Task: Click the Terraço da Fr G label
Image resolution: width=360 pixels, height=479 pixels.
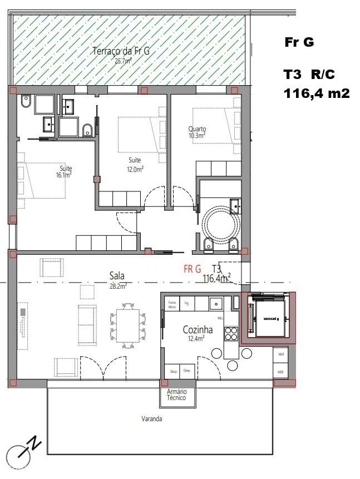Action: pyautogui.click(x=120, y=55)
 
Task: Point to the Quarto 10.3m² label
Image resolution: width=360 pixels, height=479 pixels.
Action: pyautogui.click(x=196, y=131)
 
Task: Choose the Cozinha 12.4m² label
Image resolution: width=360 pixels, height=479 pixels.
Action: pyautogui.click(x=198, y=333)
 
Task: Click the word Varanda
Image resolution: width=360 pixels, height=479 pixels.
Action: pyautogui.click(x=151, y=419)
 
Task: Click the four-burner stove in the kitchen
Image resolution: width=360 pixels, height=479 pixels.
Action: pyautogui.click(x=230, y=333)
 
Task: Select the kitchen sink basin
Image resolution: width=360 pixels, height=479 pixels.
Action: pyautogui.click(x=216, y=303)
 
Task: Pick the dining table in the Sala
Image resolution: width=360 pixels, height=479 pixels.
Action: pyautogui.click(x=127, y=324)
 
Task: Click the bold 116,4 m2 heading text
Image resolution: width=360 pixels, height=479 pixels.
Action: pyautogui.click(x=317, y=93)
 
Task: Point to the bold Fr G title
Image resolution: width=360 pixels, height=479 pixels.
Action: pyautogui.click(x=299, y=42)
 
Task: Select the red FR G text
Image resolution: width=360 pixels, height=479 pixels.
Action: pyautogui.click(x=193, y=269)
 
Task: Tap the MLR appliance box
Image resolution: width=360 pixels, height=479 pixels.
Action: pyautogui.click(x=281, y=354)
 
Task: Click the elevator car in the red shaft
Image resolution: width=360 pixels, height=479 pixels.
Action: pyautogui.click(x=270, y=319)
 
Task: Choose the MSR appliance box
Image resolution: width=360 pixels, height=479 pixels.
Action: pyautogui.click(x=281, y=371)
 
